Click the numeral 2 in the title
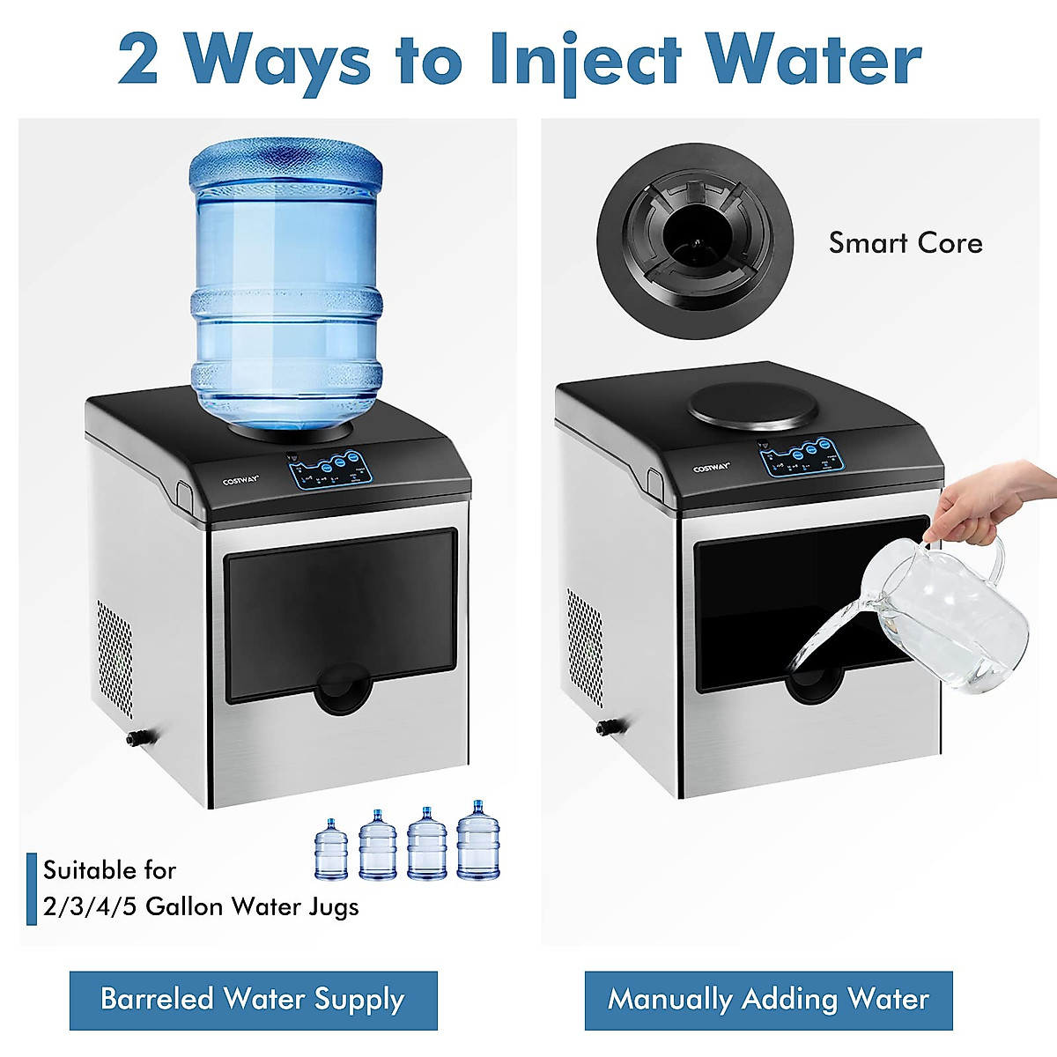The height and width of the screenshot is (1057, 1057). (x=137, y=61)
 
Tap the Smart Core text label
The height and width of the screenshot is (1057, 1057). (x=905, y=243)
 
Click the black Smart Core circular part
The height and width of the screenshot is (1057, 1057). (x=695, y=239)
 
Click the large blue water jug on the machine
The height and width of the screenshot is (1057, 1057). (x=287, y=282)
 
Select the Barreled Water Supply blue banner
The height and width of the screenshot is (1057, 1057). (x=254, y=1000)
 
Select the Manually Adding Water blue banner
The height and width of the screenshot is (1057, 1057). (x=768, y=1000)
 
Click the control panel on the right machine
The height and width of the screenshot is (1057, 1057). (x=800, y=456)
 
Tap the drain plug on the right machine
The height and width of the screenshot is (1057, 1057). (x=606, y=728)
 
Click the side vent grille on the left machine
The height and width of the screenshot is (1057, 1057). (x=115, y=656)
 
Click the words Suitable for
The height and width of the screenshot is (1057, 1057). (x=110, y=870)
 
